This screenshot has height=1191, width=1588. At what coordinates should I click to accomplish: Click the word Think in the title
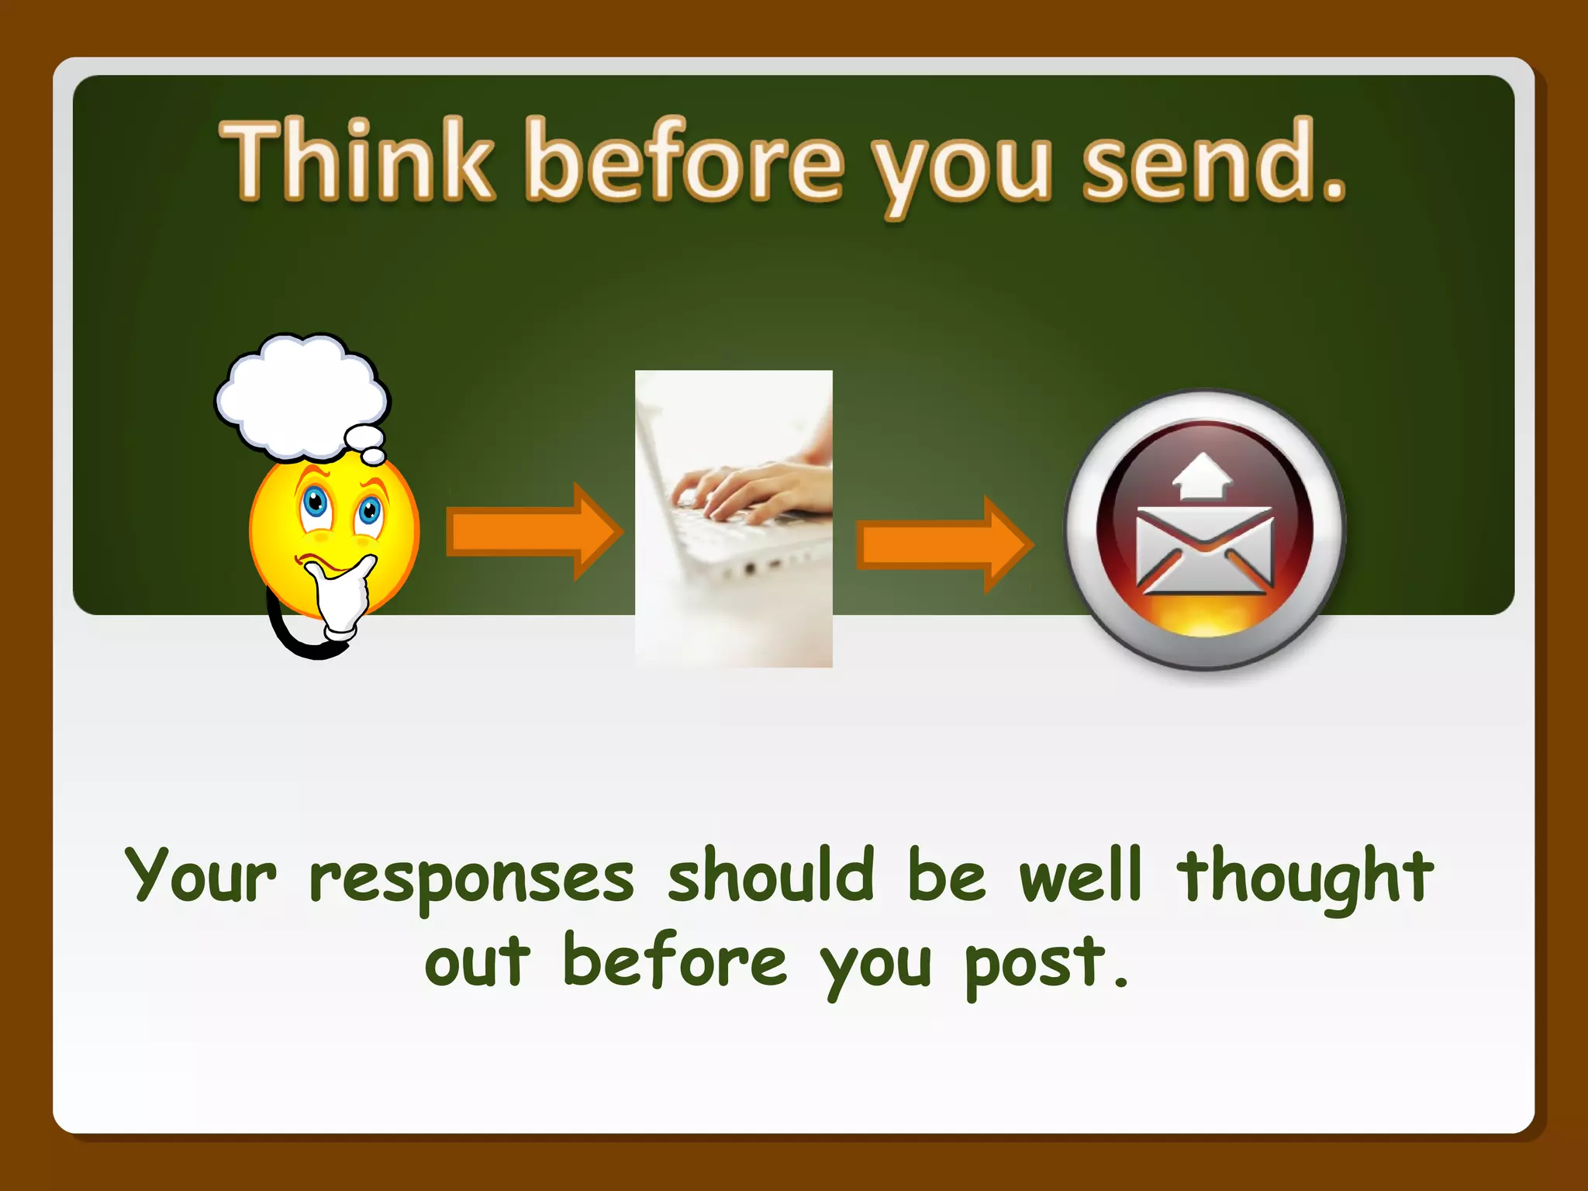point(357,161)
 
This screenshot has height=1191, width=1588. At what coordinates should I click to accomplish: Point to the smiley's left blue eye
point(316,502)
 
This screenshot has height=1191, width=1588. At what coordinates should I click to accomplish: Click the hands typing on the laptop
point(744,488)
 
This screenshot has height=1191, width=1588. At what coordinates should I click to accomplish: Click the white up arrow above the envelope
point(1202,475)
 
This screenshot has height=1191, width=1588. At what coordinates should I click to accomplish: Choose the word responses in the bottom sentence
point(471,879)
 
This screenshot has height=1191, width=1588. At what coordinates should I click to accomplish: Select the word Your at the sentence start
point(200,876)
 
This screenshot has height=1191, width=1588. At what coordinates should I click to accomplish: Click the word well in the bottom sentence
point(1080,876)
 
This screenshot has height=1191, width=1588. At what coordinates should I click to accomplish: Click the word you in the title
point(961,167)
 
